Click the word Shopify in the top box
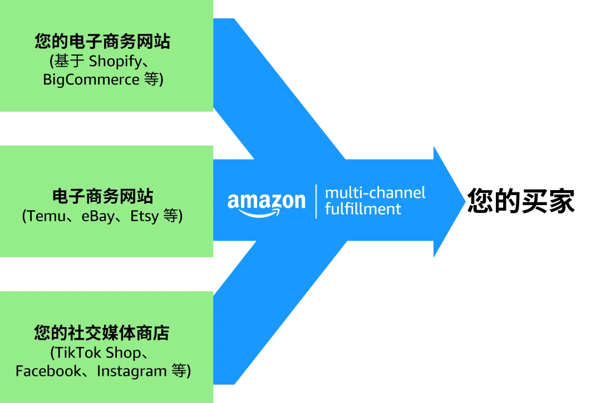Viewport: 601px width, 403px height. pyautogui.click(x=115, y=60)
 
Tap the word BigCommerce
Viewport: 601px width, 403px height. pyautogui.click(x=91, y=79)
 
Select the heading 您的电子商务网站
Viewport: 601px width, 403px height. pyautogui.click(x=102, y=42)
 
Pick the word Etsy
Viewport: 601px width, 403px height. pyautogui.click(x=145, y=216)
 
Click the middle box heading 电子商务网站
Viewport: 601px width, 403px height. pyautogui.click(x=102, y=196)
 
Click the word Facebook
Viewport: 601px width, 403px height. pyautogui.click(x=48, y=371)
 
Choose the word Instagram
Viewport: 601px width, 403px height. pyautogui.click(x=132, y=371)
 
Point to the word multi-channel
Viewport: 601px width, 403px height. pyautogui.click(x=375, y=193)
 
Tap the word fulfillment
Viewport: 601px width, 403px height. pyautogui.click(x=363, y=208)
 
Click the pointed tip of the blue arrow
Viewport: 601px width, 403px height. pyautogui.click(x=465, y=201)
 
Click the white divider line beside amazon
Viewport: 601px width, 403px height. pyautogui.click(x=316, y=201)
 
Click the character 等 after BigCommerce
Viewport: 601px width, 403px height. pyautogui.click(x=151, y=79)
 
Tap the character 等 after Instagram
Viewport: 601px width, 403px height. pyautogui.click(x=179, y=371)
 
